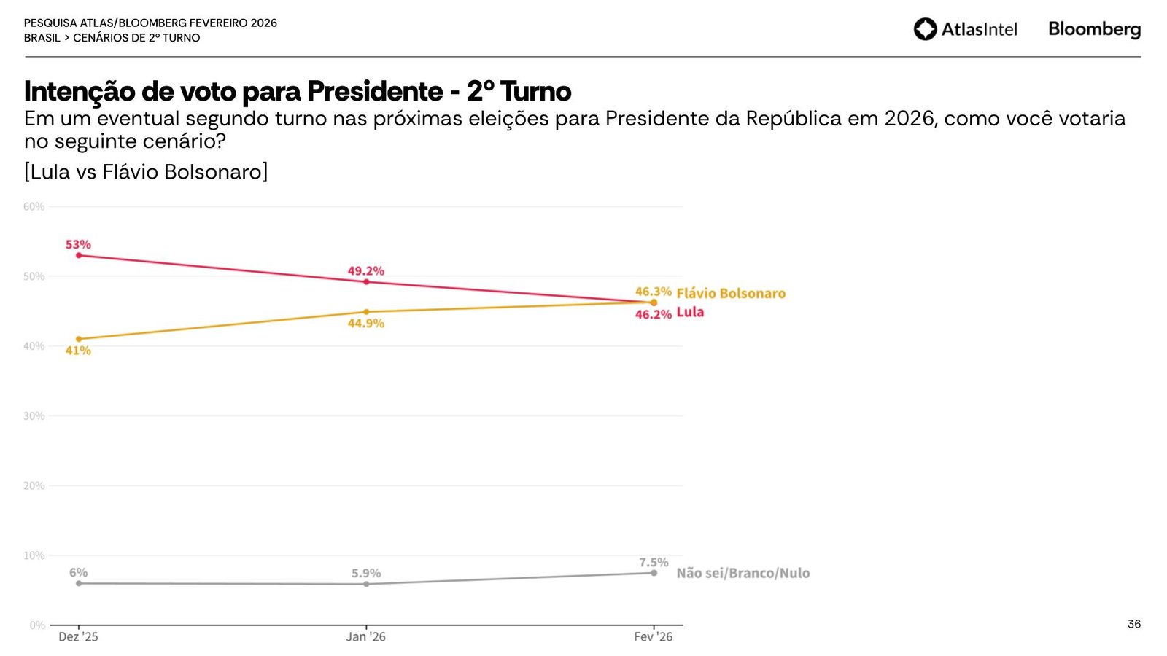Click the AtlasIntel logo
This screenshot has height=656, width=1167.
coord(965,29)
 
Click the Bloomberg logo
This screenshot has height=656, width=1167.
coord(1094,29)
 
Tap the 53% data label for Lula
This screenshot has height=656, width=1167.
coord(78,244)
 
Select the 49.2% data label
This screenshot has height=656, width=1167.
coord(365,271)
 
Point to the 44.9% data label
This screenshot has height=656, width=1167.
coord(365,323)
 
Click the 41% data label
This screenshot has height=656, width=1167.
coord(78,351)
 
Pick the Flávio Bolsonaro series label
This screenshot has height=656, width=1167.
coord(731,293)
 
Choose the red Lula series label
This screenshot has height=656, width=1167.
coord(690,312)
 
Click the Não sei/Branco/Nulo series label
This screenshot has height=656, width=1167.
coord(743,573)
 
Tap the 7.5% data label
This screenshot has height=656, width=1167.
coord(654,562)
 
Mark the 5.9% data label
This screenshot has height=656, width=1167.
coord(366,573)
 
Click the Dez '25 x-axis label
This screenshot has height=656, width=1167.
coord(78,636)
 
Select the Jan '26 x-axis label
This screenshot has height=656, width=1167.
coord(366,636)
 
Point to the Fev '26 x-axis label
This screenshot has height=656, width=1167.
coord(654,636)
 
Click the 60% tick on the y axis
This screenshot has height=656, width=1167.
coord(34,206)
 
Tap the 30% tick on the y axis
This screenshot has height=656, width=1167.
coord(34,415)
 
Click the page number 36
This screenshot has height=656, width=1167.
coord(1133,624)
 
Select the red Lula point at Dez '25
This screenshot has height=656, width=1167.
coord(79,255)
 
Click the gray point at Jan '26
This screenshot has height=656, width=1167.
coord(366,584)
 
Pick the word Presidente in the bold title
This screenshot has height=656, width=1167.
coord(374,92)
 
